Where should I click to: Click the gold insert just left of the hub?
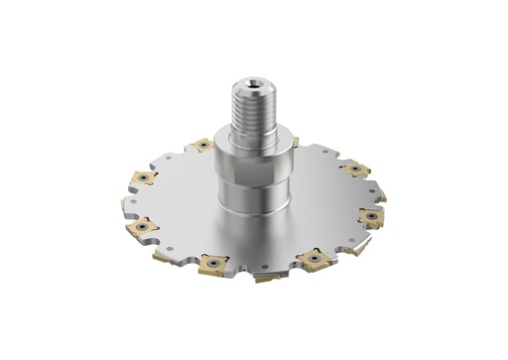click(202, 146)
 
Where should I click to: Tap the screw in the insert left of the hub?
click(202, 146)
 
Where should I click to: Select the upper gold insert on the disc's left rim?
click(141, 179)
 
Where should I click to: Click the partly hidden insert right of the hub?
click(296, 143)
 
